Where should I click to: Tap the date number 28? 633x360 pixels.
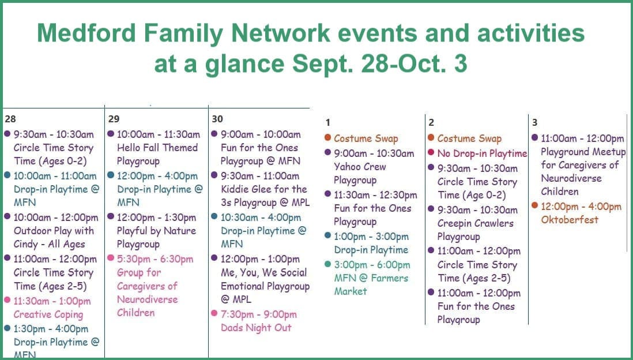[10, 119]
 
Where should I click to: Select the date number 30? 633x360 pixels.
[217, 119]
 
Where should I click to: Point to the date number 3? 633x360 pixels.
[535, 122]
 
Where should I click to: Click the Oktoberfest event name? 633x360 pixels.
[570, 220]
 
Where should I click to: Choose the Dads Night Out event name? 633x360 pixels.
[256, 328]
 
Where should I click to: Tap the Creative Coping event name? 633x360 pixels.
[48, 315]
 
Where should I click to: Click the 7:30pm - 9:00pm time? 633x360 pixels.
[259, 314]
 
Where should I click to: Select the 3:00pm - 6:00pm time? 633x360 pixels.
[372, 265]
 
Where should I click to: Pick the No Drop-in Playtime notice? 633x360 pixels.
[482, 153]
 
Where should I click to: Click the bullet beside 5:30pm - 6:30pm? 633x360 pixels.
[111, 258]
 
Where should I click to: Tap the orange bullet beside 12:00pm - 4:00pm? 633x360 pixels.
[535, 205]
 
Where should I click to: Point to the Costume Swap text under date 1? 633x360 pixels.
[366, 138]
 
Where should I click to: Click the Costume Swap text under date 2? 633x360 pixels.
[469, 138]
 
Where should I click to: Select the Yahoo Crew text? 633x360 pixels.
[360, 167]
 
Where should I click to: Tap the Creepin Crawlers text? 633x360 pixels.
[476, 223]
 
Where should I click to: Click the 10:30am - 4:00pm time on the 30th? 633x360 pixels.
[261, 217]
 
